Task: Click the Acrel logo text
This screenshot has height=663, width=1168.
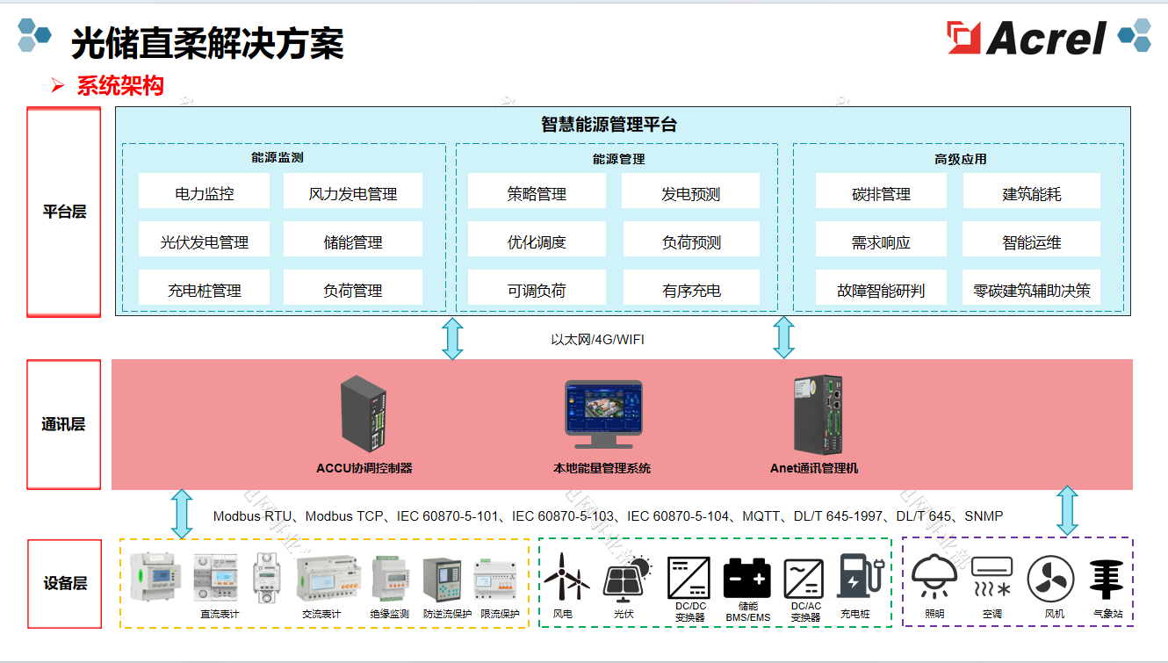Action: [x=1045, y=39]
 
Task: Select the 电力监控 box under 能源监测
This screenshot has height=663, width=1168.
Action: [x=204, y=193]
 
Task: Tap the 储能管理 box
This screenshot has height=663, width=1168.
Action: [x=352, y=241]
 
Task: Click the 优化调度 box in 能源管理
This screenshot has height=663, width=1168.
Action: [x=537, y=241]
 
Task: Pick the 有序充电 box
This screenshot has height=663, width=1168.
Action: [x=691, y=290]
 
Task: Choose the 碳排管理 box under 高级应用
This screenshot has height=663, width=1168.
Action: [x=881, y=193]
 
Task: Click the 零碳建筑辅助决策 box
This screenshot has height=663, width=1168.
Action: [x=1031, y=290]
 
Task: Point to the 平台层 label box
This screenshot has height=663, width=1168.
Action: [x=64, y=212]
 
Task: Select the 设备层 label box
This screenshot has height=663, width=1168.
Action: [x=64, y=583]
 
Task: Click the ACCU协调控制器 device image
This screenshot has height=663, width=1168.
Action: [x=364, y=413]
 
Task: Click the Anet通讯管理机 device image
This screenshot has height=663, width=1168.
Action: [x=817, y=413]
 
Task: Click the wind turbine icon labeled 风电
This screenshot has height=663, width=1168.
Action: [x=562, y=578]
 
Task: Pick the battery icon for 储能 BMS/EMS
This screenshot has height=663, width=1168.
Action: [x=747, y=578]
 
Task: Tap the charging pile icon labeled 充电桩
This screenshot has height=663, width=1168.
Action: [x=856, y=576]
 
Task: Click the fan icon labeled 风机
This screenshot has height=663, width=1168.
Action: [x=1051, y=579]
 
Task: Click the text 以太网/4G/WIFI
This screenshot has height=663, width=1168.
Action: [x=597, y=339]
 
